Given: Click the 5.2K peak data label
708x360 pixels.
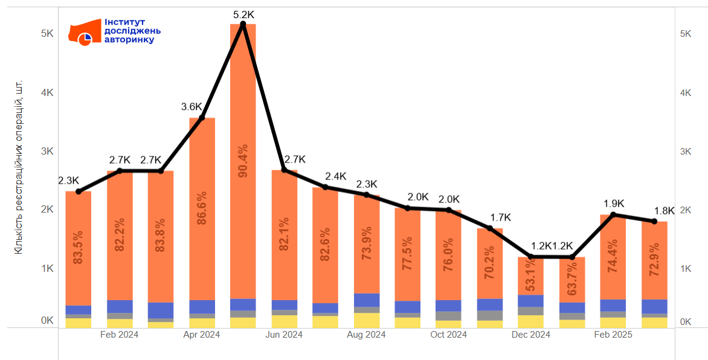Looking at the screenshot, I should tap(243, 13).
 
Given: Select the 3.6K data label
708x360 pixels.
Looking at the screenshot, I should tap(191, 106).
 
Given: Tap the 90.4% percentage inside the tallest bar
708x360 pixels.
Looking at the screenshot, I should tap(243, 161).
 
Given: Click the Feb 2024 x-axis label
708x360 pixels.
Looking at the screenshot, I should tap(119, 335).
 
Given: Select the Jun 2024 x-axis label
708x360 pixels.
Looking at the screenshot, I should tap(284, 335).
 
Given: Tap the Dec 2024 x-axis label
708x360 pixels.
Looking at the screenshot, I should tap(531, 335).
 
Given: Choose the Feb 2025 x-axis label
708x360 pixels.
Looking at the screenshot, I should tap(613, 335).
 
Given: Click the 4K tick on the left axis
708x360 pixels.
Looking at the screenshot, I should tap(47, 92).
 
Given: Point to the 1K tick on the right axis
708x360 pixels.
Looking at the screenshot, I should tap(686, 268).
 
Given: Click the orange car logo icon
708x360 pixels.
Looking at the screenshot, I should tap(84, 33).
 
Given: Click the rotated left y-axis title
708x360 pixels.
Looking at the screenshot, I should tap(19, 167).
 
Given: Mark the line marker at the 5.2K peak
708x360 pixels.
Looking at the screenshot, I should tap(243, 24).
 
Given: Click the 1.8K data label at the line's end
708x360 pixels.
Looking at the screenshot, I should tap(665, 211).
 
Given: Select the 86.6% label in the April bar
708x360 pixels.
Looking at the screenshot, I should tap(202, 208).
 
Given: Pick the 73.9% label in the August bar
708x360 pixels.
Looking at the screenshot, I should tap(367, 243).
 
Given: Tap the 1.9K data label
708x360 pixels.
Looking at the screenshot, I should tap(614, 204).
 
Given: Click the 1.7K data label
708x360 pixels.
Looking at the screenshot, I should tap(500, 217).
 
